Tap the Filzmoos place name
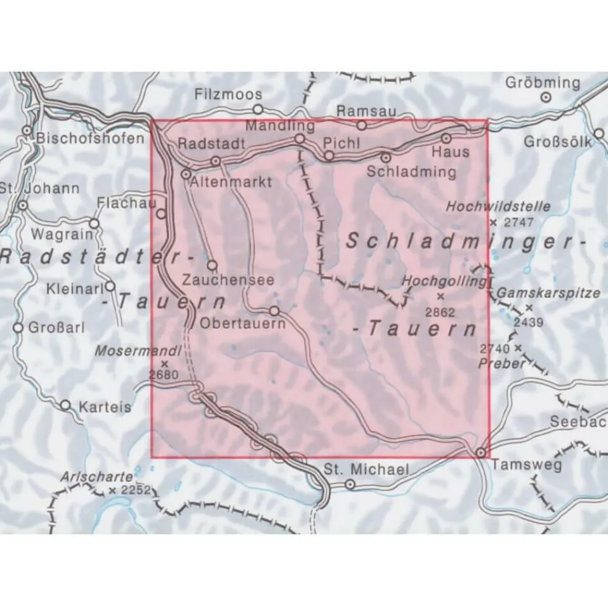pos(229,94)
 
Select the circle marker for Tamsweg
pos(481,453)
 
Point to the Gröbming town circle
pos(547,96)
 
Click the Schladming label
pos(411,171)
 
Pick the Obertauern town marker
pos(274,311)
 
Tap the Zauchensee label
pos(228,282)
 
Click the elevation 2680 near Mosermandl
pos(164,375)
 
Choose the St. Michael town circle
pos(350,484)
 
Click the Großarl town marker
pos(18,328)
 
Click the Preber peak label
pos(501,364)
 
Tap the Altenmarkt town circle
pos(186,174)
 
